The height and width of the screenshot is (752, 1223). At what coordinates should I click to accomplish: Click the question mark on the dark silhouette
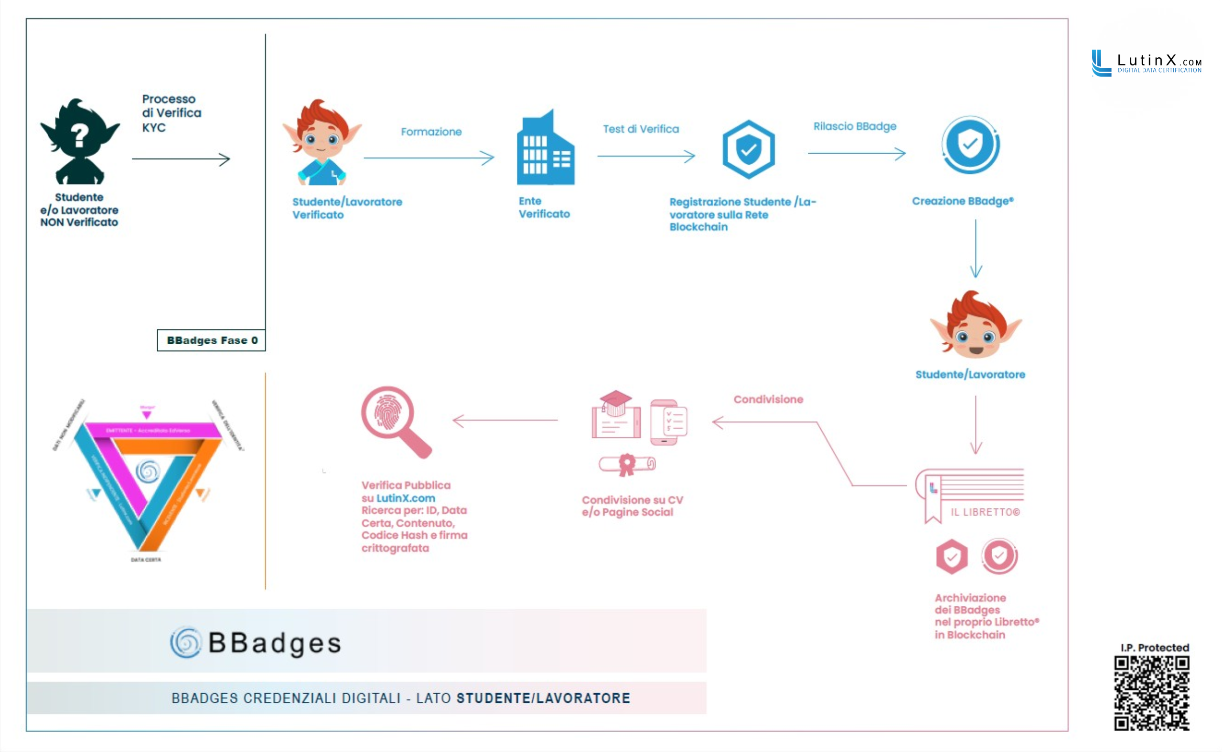pyautogui.click(x=79, y=135)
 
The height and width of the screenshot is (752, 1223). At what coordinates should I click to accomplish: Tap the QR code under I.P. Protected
pyautogui.click(x=1151, y=693)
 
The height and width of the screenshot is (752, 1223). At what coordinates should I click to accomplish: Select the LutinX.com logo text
pyautogui.click(x=1159, y=61)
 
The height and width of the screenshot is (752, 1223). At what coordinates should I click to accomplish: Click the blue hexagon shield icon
pyautogui.click(x=748, y=149)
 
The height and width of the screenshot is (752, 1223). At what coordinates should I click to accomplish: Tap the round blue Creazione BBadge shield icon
pyautogui.click(x=970, y=145)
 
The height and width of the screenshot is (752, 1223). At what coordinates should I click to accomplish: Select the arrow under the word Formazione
pyautogui.click(x=429, y=158)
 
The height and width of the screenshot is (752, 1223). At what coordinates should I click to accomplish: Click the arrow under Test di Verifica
pyautogui.click(x=646, y=156)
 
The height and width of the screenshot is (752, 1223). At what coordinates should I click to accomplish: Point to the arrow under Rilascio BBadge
pyautogui.click(x=856, y=153)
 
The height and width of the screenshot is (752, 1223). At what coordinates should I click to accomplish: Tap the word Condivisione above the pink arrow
pyautogui.click(x=768, y=399)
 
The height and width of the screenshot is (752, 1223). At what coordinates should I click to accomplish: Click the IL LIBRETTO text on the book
pyautogui.click(x=985, y=512)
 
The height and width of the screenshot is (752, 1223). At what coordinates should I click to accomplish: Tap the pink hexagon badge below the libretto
pyautogui.click(x=952, y=557)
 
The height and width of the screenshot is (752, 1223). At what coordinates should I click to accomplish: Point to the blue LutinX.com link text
pyautogui.click(x=406, y=498)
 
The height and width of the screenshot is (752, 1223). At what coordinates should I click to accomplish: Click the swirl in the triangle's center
pyautogui.click(x=148, y=471)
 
